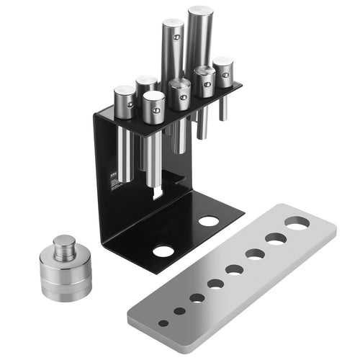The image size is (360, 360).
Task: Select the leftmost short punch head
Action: pos(124,101)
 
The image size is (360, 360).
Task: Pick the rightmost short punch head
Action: pos(223,72)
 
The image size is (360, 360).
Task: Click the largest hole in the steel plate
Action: pos(296,224)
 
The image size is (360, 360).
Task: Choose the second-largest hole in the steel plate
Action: pos(276,238)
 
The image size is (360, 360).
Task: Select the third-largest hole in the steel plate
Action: pos(255,253)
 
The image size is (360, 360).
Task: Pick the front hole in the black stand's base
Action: pos(163,251)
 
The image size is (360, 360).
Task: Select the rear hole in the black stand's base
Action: pos(209,220)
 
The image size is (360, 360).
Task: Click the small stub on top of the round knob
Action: pos(65,243)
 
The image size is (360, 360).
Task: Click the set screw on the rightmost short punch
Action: pos(225,73)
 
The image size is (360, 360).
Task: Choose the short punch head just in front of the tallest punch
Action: pos(204,81)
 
